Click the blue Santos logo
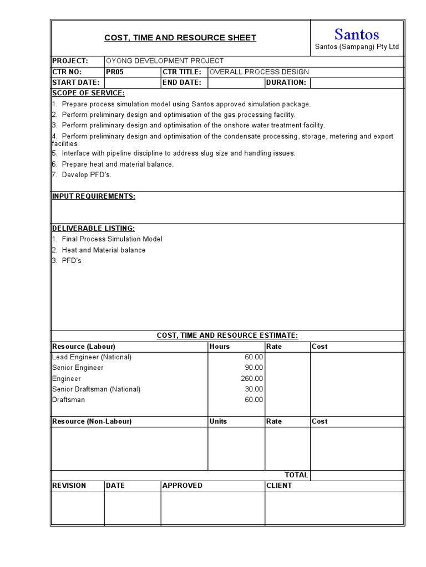click(x=357, y=34)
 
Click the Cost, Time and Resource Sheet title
click(x=180, y=38)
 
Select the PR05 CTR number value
click(x=115, y=72)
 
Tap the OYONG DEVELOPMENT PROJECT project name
click(x=165, y=61)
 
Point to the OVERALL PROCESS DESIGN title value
click(x=259, y=72)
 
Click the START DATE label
click(x=75, y=83)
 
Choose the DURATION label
click(x=286, y=83)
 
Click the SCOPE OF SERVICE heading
click(x=88, y=93)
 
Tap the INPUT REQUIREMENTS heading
click(x=93, y=197)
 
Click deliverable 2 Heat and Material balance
click(x=103, y=250)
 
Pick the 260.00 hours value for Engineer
click(x=252, y=379)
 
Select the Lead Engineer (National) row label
click(x=92, y=357)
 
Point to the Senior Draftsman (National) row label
click(x=96, y=389)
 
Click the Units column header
click(x=218, y=421)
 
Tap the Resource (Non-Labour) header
click(x=92, y=421)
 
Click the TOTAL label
click(x=296, y=475)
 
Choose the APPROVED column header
click(x=182, y=486)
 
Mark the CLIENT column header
click(x=279, y=486)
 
